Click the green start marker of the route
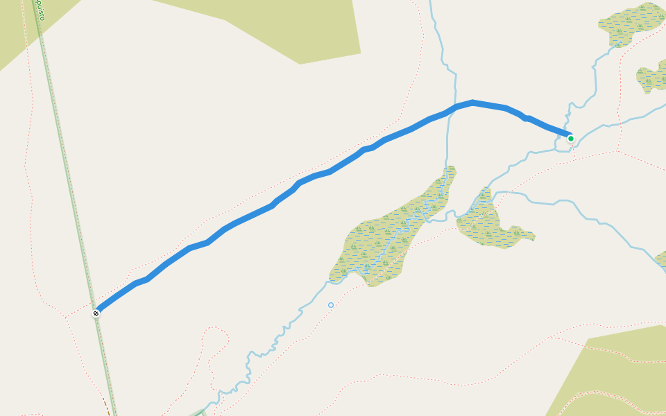click(571, 139)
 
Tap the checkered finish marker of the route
click(96, 313)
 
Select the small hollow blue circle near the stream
click(331, 305)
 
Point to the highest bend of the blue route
click(472, 103)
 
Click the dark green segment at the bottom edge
click(201, 413)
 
